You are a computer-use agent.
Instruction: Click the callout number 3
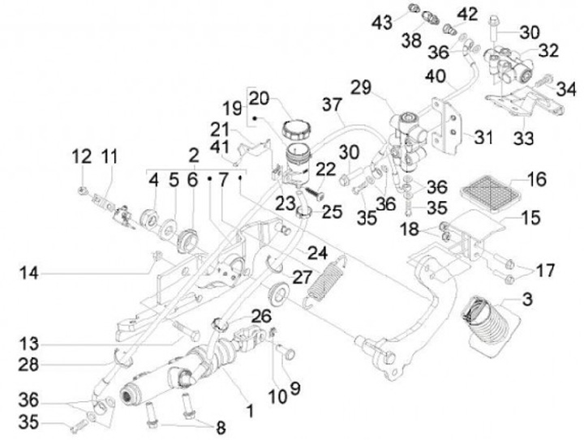[x=527, y=301]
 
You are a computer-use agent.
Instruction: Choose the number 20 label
[x=260, y=98]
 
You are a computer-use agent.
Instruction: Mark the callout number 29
[x=362, y=87]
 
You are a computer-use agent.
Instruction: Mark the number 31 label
[x=483, y=137]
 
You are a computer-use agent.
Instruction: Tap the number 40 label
[x=437, y=79]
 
